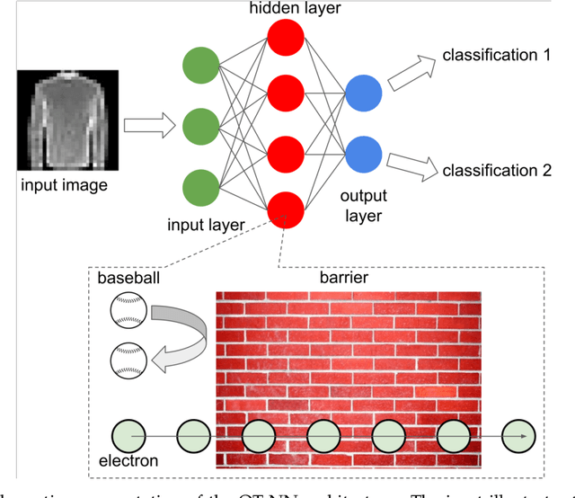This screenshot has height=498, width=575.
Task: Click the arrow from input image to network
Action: coord(147,126)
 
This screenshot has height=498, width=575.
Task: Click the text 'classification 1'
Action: coord(496,56)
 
